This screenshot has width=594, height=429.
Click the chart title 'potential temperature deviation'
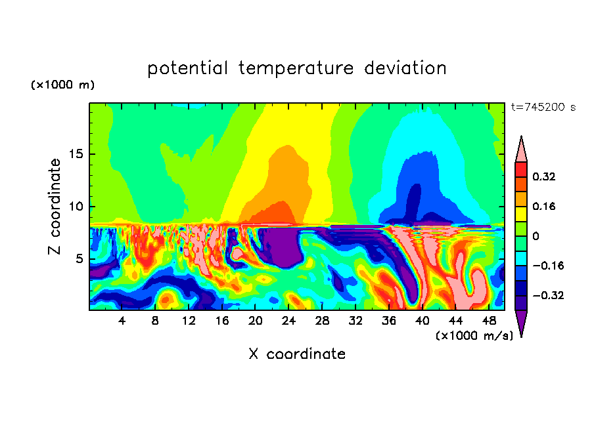[x=296, y=68]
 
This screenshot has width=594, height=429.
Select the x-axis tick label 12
[x=189, y=321]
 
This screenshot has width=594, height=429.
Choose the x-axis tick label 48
[x=488, y=321]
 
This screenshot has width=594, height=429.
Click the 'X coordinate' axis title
[x=296, y=354]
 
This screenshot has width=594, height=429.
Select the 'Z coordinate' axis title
[x=55, y=207]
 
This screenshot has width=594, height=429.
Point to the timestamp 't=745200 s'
[x=543, y=107]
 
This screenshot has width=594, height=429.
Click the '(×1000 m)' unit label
[x=63, y=85]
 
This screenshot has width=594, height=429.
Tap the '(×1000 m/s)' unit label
[x=474, y=335]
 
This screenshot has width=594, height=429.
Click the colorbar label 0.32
[x=544, y=176]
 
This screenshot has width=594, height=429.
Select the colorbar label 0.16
[x=544, y=206]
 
